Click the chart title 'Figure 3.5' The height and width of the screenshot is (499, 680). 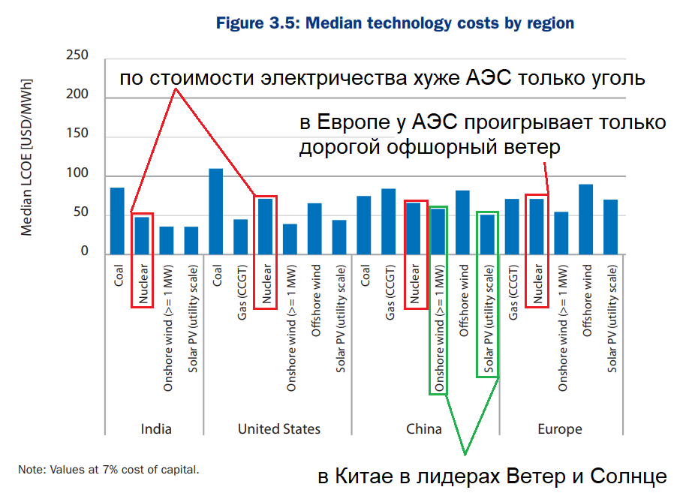(x=257, y=23)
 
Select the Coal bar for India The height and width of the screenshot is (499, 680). (x=117, y=221)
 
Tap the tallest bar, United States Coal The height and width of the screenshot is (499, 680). (x=216, y=212)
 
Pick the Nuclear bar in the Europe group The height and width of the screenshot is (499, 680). (x=537, y=227)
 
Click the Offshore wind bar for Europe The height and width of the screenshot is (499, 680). (x=586, y=219)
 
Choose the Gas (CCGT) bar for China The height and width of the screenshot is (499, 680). (x=389, y=221)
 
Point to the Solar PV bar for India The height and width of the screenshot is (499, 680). (x=191, y=241)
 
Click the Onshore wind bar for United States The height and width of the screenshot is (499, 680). (x=290, y=239)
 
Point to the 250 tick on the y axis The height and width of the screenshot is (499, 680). (x=77, y=55)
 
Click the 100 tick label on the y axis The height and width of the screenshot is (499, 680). (x=77, y=173)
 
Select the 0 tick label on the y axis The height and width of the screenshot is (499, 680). (x=85, y=251)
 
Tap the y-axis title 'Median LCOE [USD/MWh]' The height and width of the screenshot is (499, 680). (x=26, y=158)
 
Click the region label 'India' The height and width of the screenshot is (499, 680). (x=156, y=428)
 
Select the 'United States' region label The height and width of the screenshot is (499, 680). (x=279, y=428)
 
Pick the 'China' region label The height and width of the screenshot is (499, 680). (x=424, y=428)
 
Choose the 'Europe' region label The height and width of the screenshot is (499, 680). (x=560, y=429)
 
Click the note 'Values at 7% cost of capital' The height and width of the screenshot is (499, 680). (x=124, y=470)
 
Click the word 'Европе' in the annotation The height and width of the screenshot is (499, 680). (x=354, y=122)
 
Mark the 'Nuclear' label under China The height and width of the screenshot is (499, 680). (x=415, y=284)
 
